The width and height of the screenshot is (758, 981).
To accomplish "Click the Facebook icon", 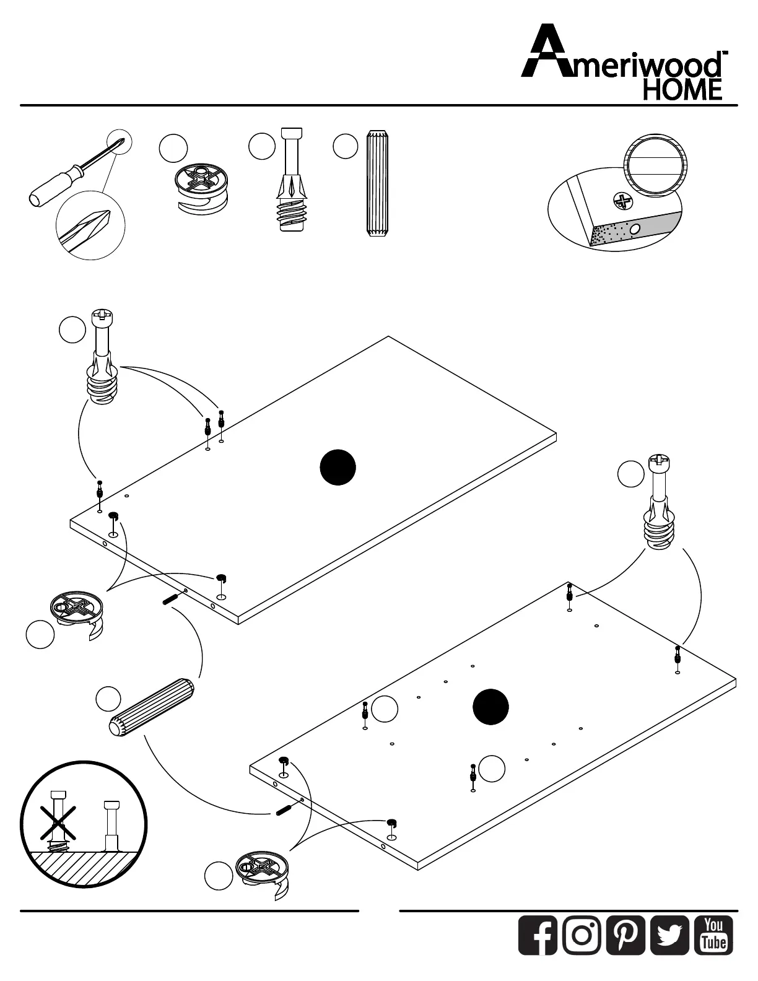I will [538, 935].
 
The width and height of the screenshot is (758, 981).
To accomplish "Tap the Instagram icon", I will [582, 935].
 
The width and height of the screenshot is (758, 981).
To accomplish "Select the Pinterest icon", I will [626, 935].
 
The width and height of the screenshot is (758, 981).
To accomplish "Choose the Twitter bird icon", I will [670, 935].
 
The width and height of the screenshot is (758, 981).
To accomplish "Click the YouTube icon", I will [714, 935].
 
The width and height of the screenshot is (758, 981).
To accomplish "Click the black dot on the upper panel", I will [338, 468].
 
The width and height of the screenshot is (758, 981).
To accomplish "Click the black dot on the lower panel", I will [490, 707].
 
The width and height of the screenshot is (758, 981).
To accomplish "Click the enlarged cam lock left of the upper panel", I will [77, 613].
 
